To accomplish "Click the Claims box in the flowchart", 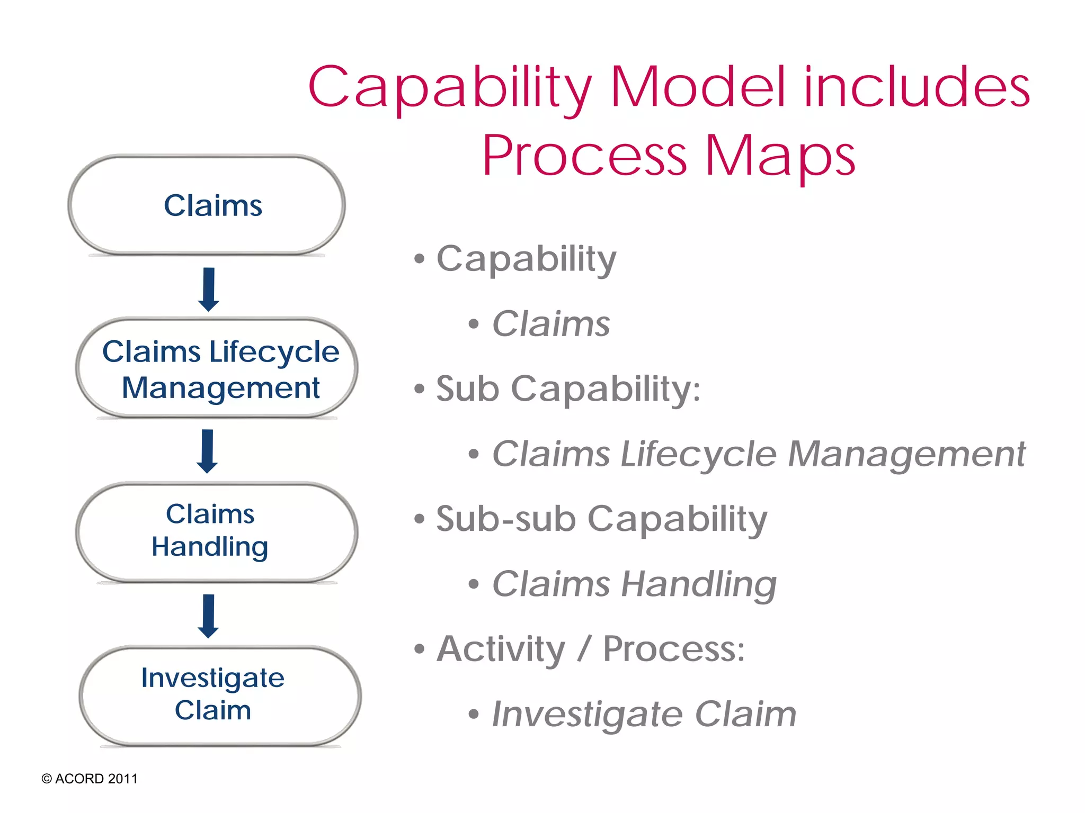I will coord(207,205).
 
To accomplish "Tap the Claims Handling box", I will coord(216,531).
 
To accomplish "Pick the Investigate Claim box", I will coord(219,694).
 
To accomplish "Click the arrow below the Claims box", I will coord(209,289).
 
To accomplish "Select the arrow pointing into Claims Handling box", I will coord(207,451).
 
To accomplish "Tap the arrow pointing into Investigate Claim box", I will coord(208,616).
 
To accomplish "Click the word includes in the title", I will coord(917,87).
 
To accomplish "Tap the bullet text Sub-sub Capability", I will coord(601,519).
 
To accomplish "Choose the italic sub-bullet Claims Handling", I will coord(634,584).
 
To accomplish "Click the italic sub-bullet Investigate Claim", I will coord(644,714).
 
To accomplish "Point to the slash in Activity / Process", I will coord(584,650).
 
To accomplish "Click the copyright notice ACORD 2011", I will coord(90,779).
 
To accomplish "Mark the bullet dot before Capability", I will coord(420,259).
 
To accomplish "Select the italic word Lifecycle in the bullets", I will coord(698,454).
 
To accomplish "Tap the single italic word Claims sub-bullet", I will coord(551,324).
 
